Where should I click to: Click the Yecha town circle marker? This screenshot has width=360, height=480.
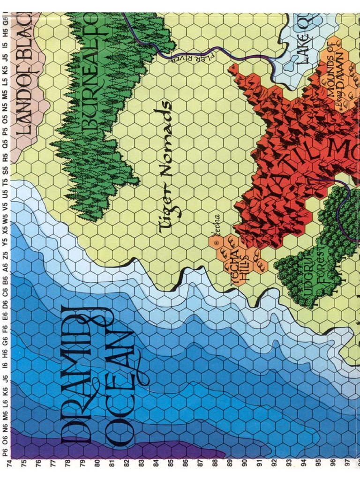click(217, 243)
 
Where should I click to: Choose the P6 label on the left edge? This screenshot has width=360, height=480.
click(5, 452)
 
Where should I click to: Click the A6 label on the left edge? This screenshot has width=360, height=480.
click(5, 267)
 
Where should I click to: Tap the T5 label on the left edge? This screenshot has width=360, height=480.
click(5, 180)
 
